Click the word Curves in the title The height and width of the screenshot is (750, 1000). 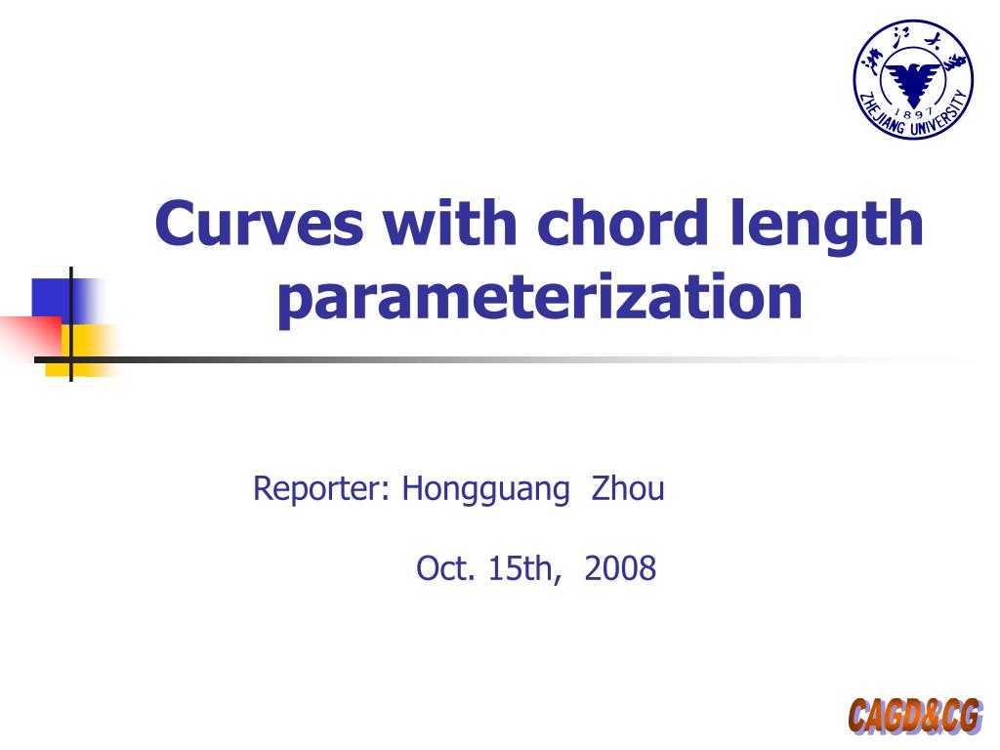coord(259,223)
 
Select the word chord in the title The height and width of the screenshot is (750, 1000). coord(622,223)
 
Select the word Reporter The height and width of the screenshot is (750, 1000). coord(320,490)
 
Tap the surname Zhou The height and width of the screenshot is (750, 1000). coord(628,488)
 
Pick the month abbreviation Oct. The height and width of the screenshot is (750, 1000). coord(445,568)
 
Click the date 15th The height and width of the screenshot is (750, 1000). coord(524,568)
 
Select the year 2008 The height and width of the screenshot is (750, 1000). coord(620,568)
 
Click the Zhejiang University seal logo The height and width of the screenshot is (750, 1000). coord(913,80)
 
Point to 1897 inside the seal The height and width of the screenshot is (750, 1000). coord(913,113)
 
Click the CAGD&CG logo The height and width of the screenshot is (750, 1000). coord(915,716)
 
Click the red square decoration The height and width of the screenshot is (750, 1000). coord(30,338)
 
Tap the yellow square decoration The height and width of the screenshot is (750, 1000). coord(82,351)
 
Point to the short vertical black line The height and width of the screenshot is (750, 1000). coord(70,324)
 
